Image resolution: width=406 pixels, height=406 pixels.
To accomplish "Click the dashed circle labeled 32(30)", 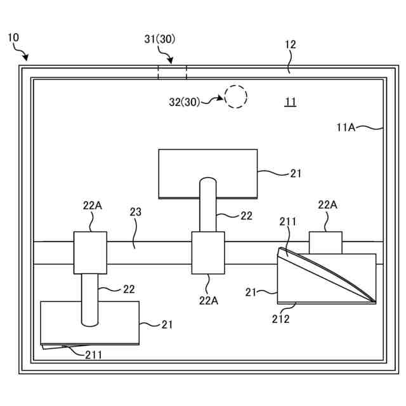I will [236, 96].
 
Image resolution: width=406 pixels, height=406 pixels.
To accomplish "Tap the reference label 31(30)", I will [160, 39].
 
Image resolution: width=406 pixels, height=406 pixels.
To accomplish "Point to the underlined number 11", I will [290, 101].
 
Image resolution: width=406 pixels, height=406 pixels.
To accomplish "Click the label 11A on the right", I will [346, 127].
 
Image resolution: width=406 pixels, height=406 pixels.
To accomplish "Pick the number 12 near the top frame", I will [290, 45].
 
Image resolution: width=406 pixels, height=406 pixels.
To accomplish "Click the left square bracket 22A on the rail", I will [90, 252].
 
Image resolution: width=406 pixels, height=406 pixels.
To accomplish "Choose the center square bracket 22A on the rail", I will [208, 252].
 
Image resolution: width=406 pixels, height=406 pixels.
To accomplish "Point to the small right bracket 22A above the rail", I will [325, 242].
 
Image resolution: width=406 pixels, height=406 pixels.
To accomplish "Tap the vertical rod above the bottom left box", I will [90, 298].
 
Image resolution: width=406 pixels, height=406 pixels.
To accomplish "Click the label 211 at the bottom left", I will [93, 355].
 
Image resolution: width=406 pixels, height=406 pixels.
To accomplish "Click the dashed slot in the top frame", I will [172, 71].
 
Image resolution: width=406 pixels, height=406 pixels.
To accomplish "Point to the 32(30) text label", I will [184, 102].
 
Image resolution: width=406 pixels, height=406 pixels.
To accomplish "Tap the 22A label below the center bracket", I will [209, 301].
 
